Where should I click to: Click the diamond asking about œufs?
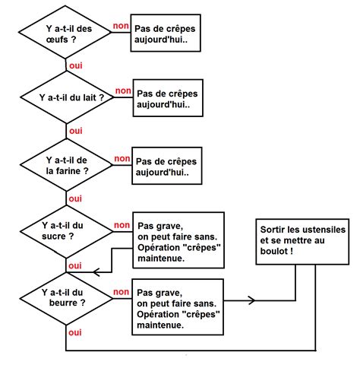[x=68, y=35]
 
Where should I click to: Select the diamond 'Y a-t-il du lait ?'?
[x=68, y=98]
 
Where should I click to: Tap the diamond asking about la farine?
[x=67, y=165]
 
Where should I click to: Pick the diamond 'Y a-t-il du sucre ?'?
[x=67, y=231]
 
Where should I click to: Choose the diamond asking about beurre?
[x=67, y=297]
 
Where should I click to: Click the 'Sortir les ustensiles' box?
[x=302, y=241]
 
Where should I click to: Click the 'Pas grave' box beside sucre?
[x=178, y=241]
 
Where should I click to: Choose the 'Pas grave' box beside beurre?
[x=178, y=306]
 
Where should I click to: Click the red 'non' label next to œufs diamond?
[x=120, y=26]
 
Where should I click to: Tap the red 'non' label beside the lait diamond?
[x=123, y=91]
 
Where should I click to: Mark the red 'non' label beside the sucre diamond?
[x=120, y=225]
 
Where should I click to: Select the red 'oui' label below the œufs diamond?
[x=75, y=66]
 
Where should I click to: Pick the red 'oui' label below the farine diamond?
[x=75, y=198]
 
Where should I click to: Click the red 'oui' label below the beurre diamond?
[x=75, y=332]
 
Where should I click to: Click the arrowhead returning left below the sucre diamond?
[x=95, y=271]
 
